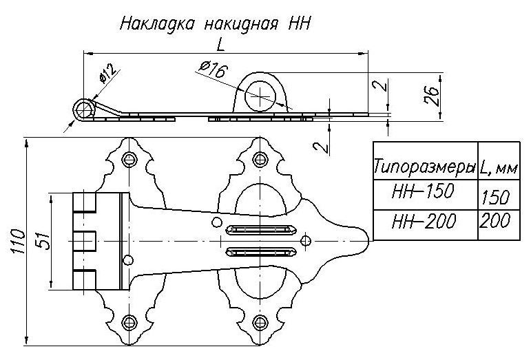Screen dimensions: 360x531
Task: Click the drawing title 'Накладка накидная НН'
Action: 216,24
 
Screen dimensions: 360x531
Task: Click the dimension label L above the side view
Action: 220,45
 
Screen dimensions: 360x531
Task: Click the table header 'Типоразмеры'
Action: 425,167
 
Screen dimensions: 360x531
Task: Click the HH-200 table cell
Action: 423,220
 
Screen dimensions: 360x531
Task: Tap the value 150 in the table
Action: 496,198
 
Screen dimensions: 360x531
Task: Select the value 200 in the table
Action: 496,222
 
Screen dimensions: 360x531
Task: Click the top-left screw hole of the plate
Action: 129,160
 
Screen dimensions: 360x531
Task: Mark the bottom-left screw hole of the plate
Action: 129,321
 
